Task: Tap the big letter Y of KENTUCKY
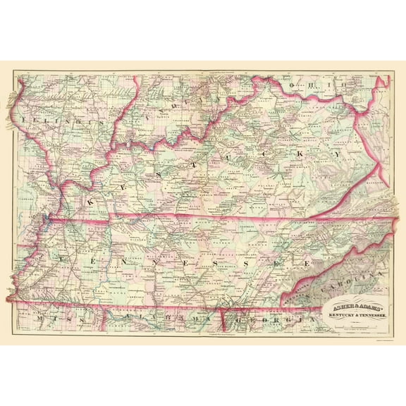pos(339,152)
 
